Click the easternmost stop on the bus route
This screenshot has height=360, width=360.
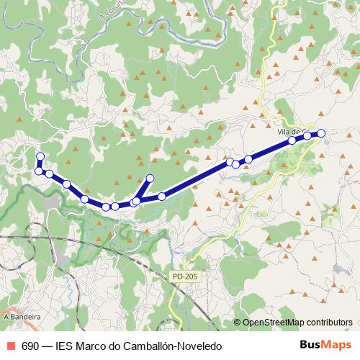tap(321, 132)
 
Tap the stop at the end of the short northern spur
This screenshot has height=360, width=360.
tap(150, 178)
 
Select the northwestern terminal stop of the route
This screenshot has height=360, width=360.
tap(40, 156)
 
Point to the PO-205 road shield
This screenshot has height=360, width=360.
tap(185, 276)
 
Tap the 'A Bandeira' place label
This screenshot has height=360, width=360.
tap(22, 316)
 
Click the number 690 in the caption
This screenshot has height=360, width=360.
tap(30, 346)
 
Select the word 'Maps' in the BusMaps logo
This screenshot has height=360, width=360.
tap(339, 345)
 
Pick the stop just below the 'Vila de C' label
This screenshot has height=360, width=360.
tap(292, 140)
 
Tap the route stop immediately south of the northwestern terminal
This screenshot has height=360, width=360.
tap(39, 171)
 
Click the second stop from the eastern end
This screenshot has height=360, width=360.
tap(307, 135)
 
